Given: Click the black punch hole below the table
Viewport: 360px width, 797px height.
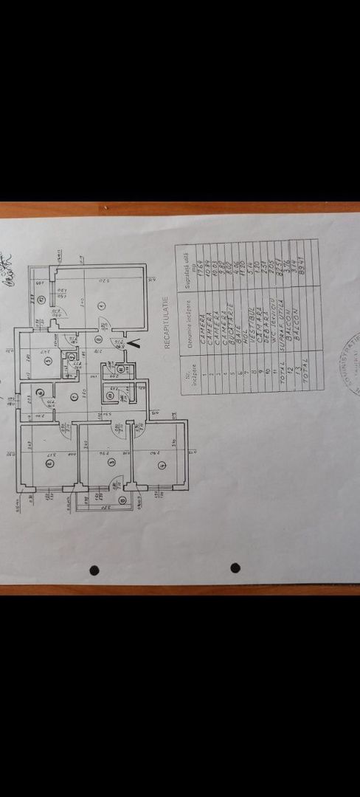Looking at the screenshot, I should pyautogui.click(x=235, y=567).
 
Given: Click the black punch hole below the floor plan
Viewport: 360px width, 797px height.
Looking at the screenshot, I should pyautogui.click(x=94, y=570).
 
